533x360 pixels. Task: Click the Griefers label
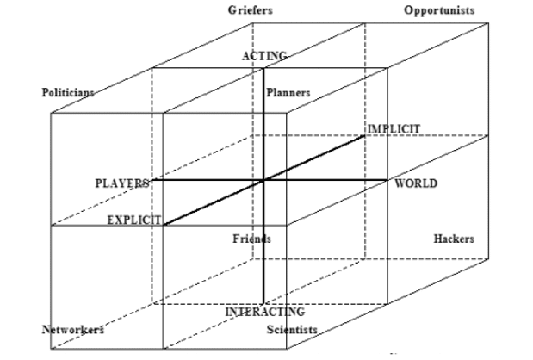pyautogui.click(x=251, y=10)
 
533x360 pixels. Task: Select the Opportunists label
pyautogui.click(x=439, y=10)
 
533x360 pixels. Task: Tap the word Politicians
pyautogui.click(x=68, y=92)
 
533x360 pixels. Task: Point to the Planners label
pyautogui.click(x=288, y=92)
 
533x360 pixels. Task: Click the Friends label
pyautogui.click(x=252, y=239)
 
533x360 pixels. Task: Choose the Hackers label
pyautogui.click(x=454, y=239)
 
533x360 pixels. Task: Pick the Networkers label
pyautogui.click(x=72, y=329)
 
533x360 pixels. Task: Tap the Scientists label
pyautogui.click(x=292, y=329)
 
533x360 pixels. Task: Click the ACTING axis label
pyautogui.click(x=264, y=56)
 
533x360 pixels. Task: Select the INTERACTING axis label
pyautogui.click(x=265, y=312)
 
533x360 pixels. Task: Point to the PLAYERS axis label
pyautogui.click(x=122, y=183)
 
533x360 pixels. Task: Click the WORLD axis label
pyautogui.click(x=416, y=183)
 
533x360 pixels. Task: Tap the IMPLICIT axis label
pyautogui.click(x=394, y=129)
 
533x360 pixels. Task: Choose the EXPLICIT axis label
pyautogui.click(x=134, y=220)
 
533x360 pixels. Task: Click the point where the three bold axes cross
pyautogui.click(x=263, y=180)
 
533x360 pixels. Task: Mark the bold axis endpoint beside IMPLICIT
pyautogui.click(x=364, y=135)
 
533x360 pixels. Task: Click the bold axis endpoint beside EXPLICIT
pyautogui.click(x=164, y=225)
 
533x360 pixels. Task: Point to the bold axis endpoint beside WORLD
pyautogui.click(x=387, y=180)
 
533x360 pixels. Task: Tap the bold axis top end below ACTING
pyautogui.click(x=263, y=68)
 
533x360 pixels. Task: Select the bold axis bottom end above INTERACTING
pyautogui.click(x=263, y=303)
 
